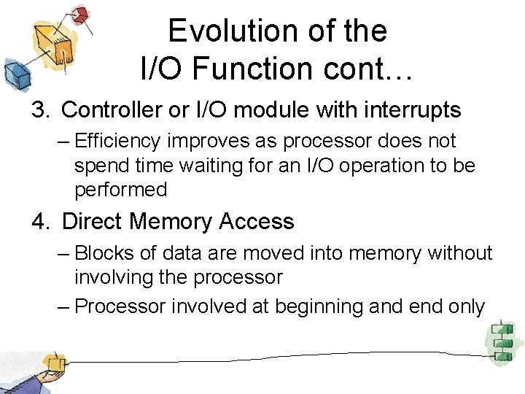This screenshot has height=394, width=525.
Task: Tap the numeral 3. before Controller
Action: click(x=41, y=110)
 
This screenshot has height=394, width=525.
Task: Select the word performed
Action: click(x=121, y=190)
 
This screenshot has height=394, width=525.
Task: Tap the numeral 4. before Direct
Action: click(x=41, y=222)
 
